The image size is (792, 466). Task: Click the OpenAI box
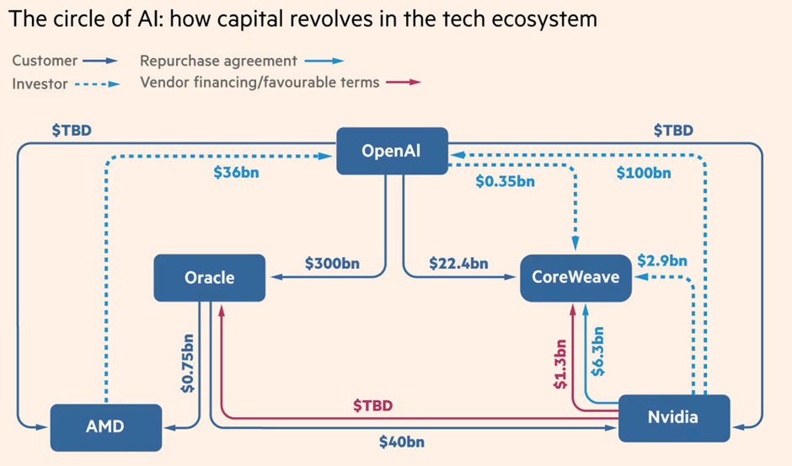coord(391,151)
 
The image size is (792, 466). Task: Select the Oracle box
coord(209,277)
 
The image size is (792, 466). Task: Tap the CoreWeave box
coord(575,277)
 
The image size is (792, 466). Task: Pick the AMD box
coord(104,426)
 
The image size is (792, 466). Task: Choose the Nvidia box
coord(672,417)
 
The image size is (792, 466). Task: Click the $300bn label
coord(332,263)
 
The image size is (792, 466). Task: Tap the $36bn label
coord(237,174)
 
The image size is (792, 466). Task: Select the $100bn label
coord(644,174)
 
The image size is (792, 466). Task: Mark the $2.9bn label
coord(662,260)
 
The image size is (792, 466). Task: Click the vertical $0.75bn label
coord(187,362)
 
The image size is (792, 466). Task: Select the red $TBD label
coord(372,406)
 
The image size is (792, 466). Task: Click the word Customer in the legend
coord(45,61)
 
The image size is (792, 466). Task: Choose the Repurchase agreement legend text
coord(218,61)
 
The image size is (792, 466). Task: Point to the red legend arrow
coord(403,83)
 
